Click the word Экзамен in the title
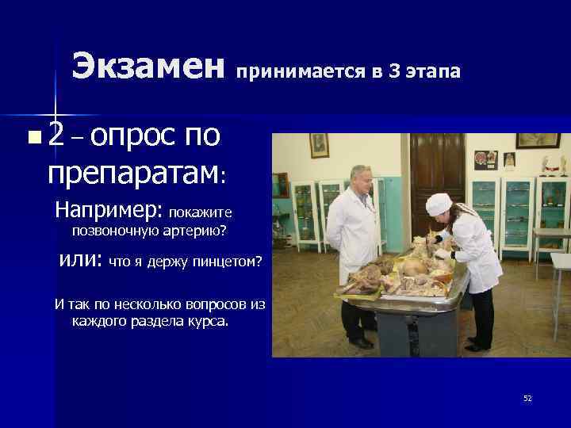(x=148, y=67)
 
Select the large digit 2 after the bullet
(x=56, y=137)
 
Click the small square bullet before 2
(x=32, y=139)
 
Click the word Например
(x=106, y=212)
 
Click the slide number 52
(x=527, y=398)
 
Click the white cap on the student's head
(x=438, y=204)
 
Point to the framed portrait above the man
(x=320, y=145)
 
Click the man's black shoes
(x=361, y=342)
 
